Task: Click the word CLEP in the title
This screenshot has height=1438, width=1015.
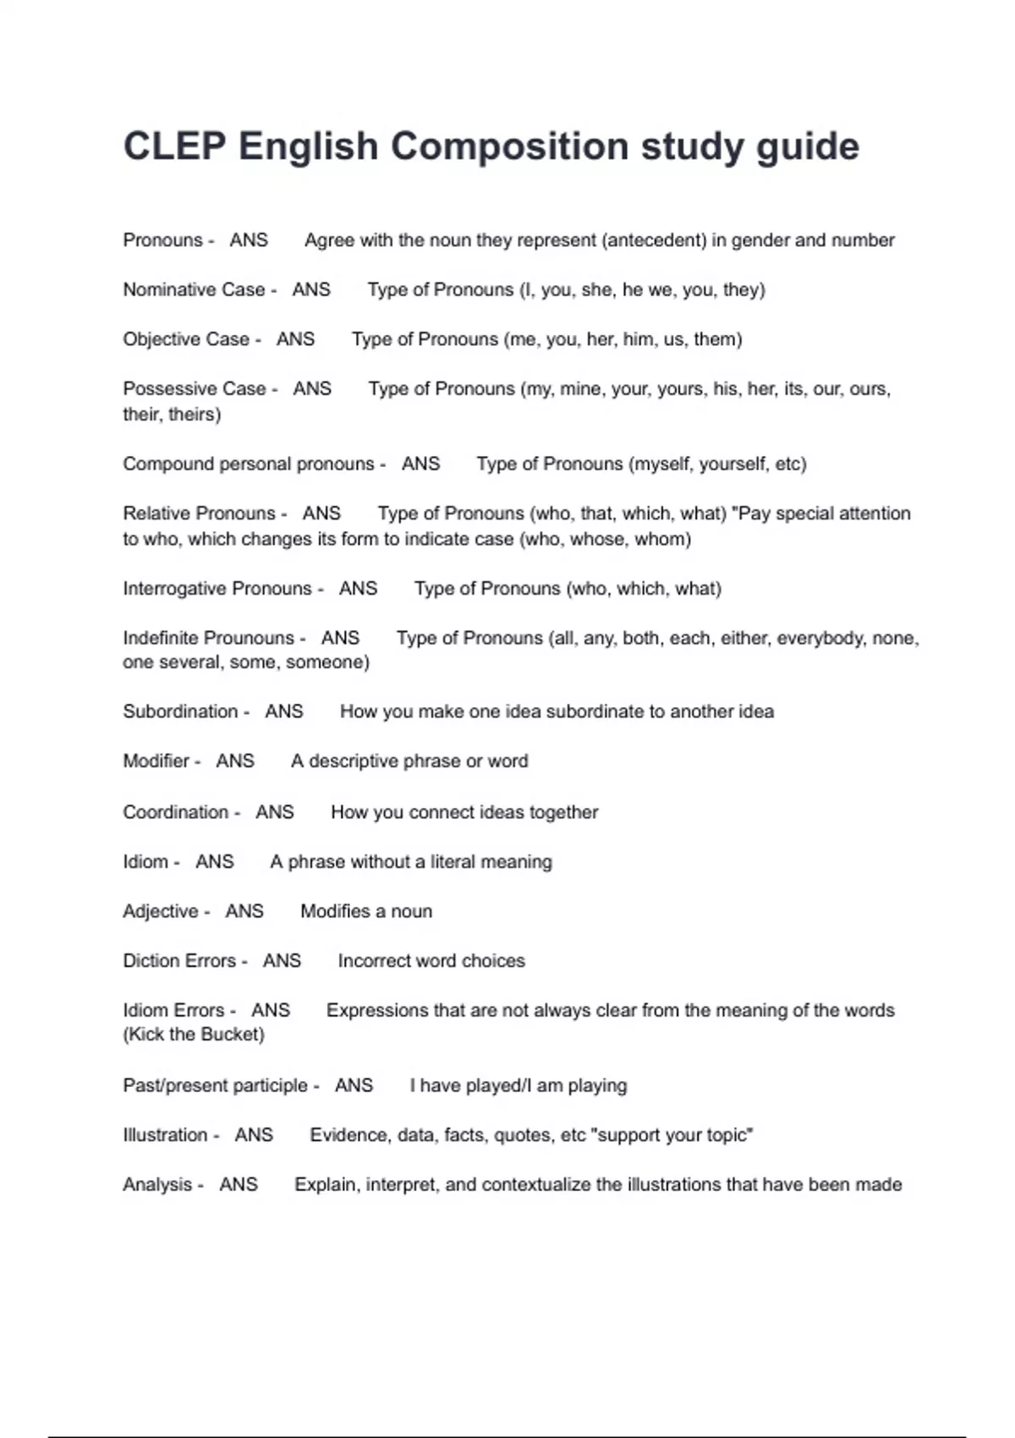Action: pos(174,146)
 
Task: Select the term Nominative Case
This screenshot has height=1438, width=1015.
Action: pos(194,289)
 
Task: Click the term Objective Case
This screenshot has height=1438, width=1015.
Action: pos(186,339)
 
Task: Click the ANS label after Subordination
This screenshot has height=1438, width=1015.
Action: pos(283,711)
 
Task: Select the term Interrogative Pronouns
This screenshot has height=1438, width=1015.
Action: pos(217,589)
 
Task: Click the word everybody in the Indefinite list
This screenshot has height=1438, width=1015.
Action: pos(819,638)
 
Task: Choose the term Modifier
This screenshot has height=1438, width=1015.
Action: pos(156,761)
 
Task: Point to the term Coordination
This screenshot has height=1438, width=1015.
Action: pos(176,812)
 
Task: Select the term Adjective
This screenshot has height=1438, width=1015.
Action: pos(161,911)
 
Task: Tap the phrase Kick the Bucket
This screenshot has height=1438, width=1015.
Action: pos(194,1035)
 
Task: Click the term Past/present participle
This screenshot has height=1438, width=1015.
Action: pos(215,1085)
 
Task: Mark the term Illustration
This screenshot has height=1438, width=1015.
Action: pos(165,1135)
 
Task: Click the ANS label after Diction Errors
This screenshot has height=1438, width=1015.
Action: pos(282,961)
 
